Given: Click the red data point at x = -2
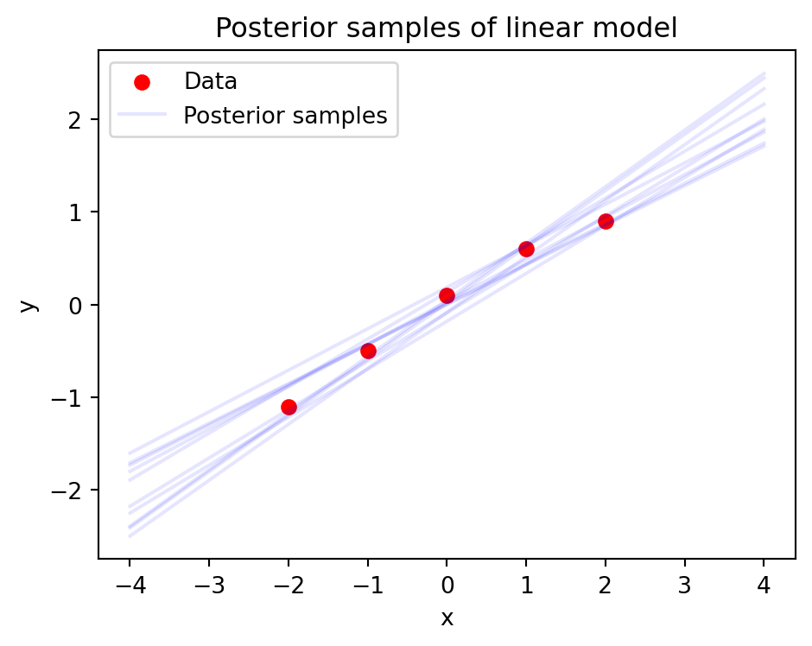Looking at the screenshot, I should [x=289, y=407].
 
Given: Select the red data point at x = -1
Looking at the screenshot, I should [x=368, y=351].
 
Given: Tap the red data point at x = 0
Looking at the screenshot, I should [x=447, y=295].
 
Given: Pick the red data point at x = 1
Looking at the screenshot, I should [x=526, y=249].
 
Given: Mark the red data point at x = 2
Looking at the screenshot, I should [x=606, y=221].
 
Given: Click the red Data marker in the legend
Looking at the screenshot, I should [x=142, y=83].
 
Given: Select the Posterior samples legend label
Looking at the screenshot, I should [x=285, y=116].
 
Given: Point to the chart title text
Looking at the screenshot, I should [x=446, y=28].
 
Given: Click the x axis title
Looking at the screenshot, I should [x=447, y=618].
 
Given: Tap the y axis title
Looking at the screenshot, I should [x=29, y=305].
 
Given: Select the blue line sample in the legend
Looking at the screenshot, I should [x=142, y=116].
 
